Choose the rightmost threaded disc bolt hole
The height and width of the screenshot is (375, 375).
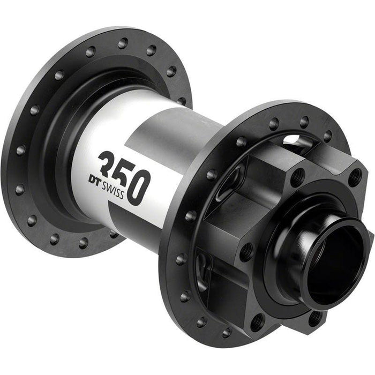(x=354, y=177)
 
